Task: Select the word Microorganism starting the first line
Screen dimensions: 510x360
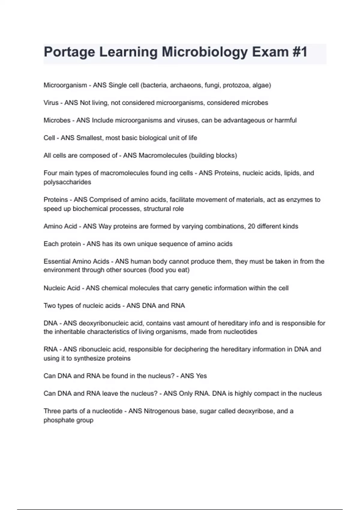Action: [65, 85]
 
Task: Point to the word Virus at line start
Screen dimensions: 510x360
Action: [51, 103]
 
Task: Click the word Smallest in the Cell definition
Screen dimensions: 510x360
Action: [89, 138]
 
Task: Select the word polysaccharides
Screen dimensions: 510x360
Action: [67, 182]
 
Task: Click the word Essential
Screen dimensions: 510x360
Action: [57, 261]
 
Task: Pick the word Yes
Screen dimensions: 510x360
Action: [201, 376]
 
